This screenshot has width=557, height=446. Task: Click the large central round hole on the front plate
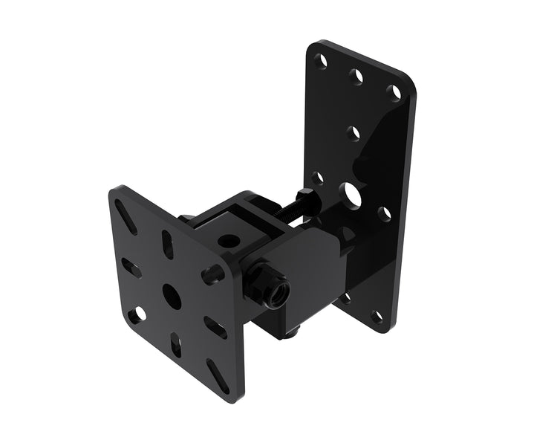click(x=170, y=294)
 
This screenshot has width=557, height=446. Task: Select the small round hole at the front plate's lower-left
click(x=135, y=315)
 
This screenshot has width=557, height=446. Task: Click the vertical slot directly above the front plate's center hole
click(x=167, y=245)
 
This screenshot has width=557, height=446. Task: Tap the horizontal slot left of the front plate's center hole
click(x=131, y=268)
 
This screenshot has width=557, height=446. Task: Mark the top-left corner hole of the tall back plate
click(x=322, y=62)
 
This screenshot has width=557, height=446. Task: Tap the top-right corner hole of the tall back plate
click(x=396, y=93)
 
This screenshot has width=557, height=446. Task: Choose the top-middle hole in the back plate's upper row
click(x=358, y=76)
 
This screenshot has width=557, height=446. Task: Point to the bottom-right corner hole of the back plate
click(x=378, y=317)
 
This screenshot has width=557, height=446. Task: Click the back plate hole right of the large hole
click(x=384, y=214)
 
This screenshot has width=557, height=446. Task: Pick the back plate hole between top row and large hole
click(x=354, y=134)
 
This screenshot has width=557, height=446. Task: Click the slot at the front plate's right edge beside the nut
click(x=215, y=272)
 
